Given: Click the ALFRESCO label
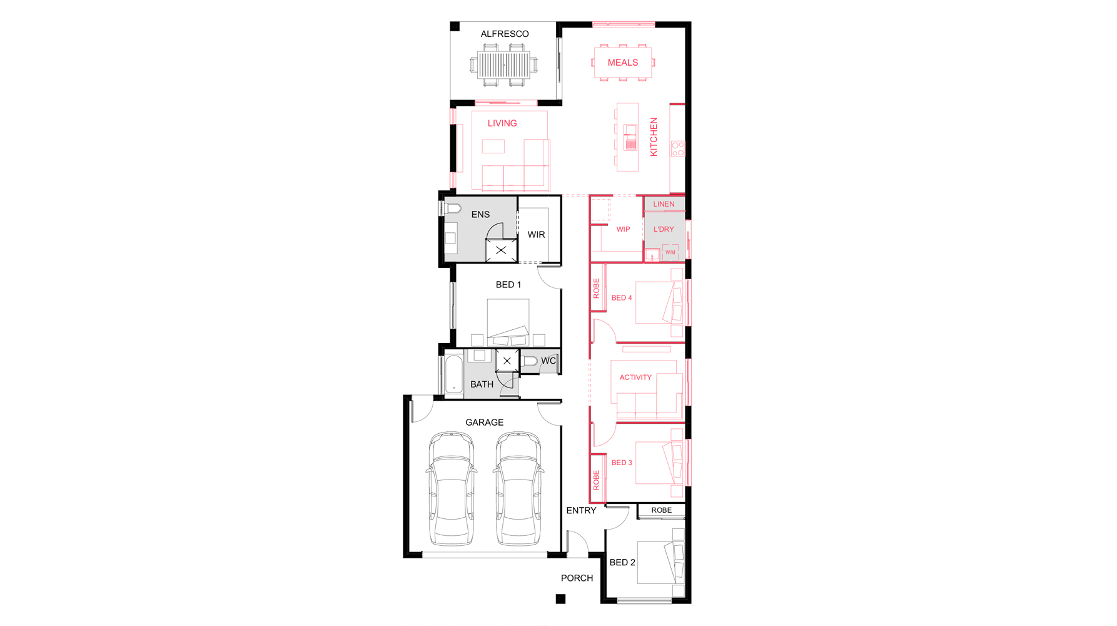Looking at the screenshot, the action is pyautogui.click(x=505, y=34).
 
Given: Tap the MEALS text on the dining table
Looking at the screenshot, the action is pyautogui.click(x=623, y=63).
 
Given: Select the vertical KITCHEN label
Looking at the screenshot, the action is pyautogui.click(x=654, y=137).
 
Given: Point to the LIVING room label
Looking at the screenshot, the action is pyautogui.click(x=502, y=123).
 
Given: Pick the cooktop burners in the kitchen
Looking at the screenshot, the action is pyautogui.click(x=678, y=149).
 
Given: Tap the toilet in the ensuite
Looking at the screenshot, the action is pyautogui.click(x=450, y=208).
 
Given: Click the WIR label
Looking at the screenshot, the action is pyautogui.click(x=536, y=235).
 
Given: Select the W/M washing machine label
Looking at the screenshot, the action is pyautogui.click(x=670, y=253).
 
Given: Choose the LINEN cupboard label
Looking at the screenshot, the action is pyautogui.click(x=664, y=204).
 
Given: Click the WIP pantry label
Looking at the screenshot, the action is pyautogui.click(x=623, y=230).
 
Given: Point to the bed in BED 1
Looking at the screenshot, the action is pyautogui.click(x=508, y=322).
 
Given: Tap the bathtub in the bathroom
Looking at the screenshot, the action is pyautogui.click(x=453, y=374).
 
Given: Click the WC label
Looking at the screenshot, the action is pyautogui.click(x=548, y=361).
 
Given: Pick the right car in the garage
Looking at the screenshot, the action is pyautogui.click(x=518, y=488).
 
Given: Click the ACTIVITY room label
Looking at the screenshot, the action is pyautogui.click(x=635, y=377).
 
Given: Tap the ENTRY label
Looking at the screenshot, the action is pyautogui.click(x=581, y=511).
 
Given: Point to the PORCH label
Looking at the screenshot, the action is pyautogui.click(x=577, y=578).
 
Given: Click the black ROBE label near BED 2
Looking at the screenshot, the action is pyautogui.click(x=661, y=510).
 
